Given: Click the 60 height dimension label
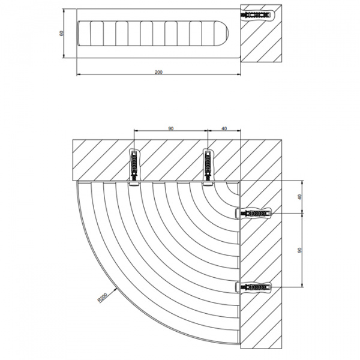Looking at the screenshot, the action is click(x=61, y=33).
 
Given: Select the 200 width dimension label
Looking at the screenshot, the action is click(x=158, y=72).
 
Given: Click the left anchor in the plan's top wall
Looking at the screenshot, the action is click(x=134, y=164).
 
